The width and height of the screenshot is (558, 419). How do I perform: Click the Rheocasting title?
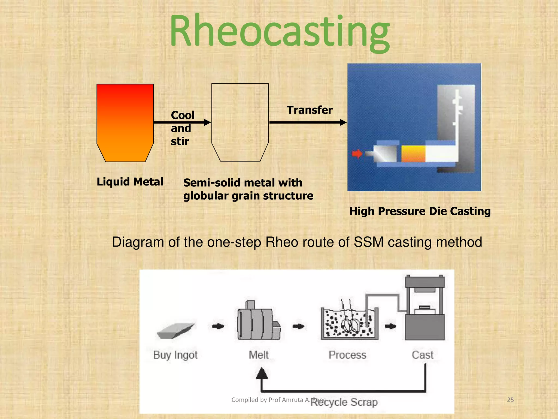280,31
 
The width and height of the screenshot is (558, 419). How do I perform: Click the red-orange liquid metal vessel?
125,123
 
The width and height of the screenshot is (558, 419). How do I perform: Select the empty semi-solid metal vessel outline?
240,123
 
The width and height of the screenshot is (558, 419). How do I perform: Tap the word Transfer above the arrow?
310,110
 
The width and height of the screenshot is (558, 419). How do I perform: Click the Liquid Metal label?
130,182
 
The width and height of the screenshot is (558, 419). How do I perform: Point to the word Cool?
183,115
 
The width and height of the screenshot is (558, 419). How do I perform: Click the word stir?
180,141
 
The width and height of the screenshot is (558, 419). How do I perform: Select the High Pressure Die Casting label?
420,211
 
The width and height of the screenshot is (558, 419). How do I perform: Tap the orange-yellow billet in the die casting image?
413,154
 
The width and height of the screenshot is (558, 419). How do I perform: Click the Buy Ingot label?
175,355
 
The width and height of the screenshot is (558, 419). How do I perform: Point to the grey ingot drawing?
176,331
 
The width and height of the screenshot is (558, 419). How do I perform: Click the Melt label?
259,355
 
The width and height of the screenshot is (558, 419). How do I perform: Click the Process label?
347,355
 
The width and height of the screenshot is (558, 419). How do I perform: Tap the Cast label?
422,355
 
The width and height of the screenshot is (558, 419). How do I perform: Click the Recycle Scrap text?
344,402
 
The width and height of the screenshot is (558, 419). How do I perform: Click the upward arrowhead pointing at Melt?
262,373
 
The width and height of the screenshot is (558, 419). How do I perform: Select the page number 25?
510,400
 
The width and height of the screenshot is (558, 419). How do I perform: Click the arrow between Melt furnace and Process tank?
298,326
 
